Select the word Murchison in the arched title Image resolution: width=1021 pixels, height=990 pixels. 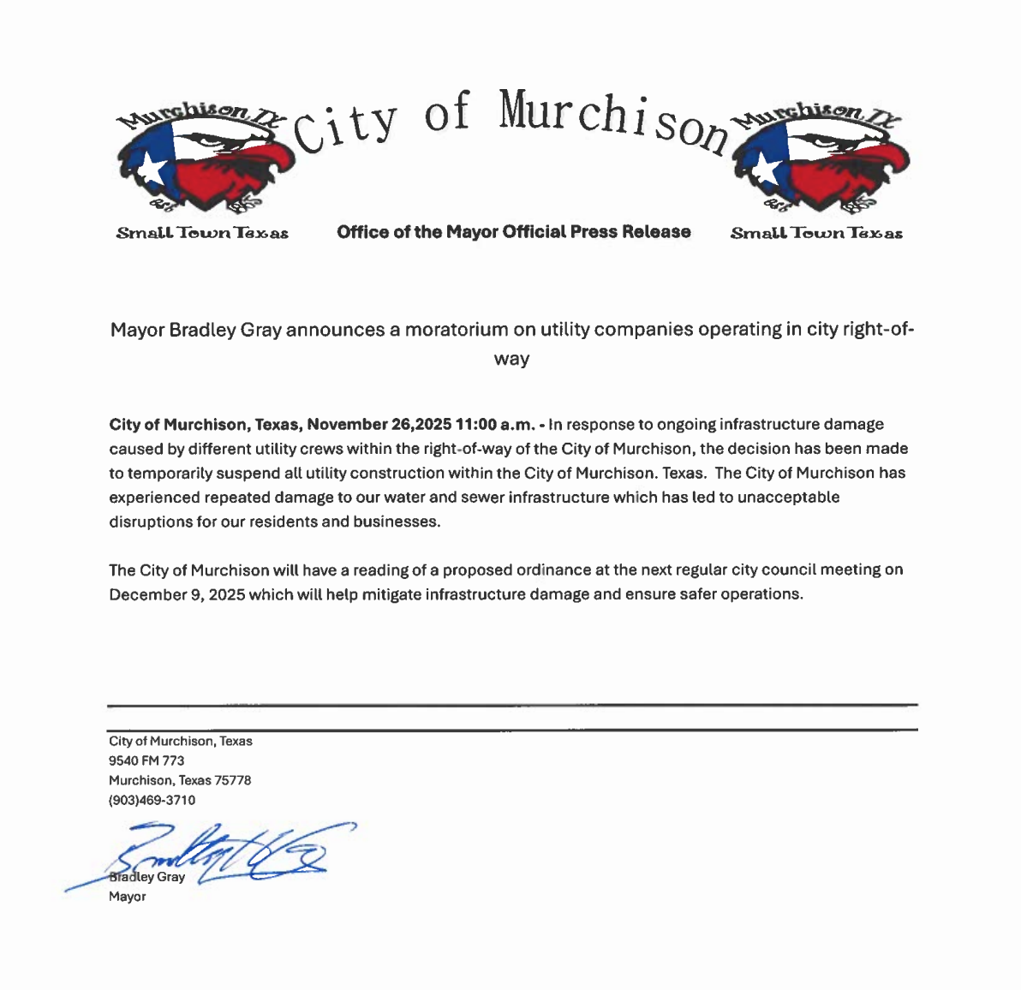coord(612,120)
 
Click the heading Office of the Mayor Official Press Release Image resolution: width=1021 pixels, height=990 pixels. coord(514,232)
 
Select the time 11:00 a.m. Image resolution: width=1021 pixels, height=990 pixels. coord(496,425)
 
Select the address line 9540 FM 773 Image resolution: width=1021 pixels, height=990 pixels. coord(146,760)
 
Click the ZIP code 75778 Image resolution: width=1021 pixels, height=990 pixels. coord(233,780)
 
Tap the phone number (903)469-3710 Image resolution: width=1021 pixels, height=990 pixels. coord(152,800)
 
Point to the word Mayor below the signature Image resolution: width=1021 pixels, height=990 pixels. coord(127,897)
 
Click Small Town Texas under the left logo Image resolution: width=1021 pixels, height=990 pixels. coord(202,233)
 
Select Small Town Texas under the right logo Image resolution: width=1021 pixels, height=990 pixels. coord(816,233)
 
